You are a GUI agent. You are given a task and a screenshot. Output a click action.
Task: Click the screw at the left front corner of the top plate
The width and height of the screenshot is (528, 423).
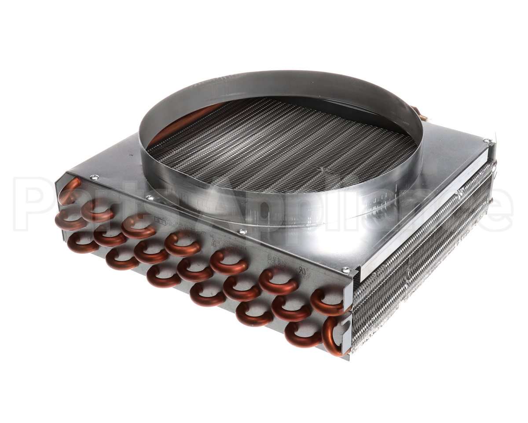pos(94,178)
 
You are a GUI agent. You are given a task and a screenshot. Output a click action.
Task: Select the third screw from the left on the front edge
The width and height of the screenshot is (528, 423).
pos(241,231)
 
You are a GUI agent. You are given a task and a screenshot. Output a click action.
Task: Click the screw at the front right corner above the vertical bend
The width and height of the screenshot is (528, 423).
pos(346,270)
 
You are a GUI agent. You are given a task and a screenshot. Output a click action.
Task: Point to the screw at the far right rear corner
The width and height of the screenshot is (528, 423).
pos(487,141)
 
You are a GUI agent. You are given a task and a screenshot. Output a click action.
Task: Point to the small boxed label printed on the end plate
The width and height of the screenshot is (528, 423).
pos(161,223)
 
